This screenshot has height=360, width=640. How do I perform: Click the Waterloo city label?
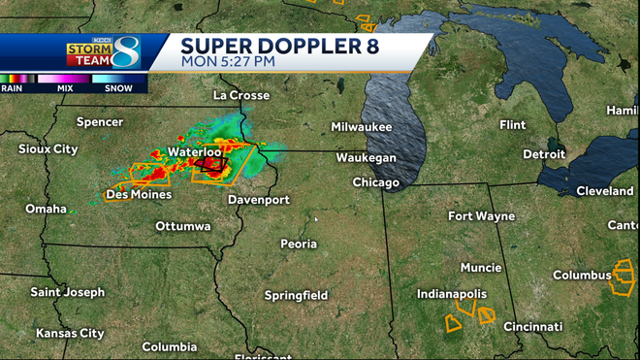(x=195, y=152)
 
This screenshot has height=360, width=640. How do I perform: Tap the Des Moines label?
(x=139, y=194)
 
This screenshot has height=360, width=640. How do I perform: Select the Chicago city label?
(x=376, y=182)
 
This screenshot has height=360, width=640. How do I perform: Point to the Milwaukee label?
(x=361, y=127)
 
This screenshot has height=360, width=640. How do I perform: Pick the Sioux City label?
(x=48, y=149)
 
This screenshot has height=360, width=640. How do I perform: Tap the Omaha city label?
(x=46, y=209)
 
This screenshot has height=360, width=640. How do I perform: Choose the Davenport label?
(x=259, y=200)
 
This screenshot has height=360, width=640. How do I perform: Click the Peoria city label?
(x=299, y=244)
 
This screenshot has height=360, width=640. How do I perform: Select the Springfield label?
(x=297, y=295)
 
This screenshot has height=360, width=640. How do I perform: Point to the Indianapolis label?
(x=452, y=293)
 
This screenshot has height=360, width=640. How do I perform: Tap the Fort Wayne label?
(x=481, y=216)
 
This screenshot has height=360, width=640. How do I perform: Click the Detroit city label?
(x=543, y=154)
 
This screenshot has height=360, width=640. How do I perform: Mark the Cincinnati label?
(x=533, y=327)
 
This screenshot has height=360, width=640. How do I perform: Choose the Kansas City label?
(x=70, y=333)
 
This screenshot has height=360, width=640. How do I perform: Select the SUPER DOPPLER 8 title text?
(x=279, y=45)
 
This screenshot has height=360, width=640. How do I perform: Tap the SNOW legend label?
(x=118, y=88)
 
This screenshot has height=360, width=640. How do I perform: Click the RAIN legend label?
(x=13, y=88)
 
